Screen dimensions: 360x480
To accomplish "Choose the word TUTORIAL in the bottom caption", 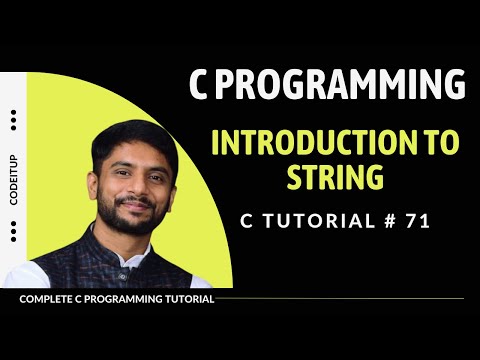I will [x=185, y=298].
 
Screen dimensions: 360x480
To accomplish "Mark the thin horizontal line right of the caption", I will [x=340, y=298].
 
